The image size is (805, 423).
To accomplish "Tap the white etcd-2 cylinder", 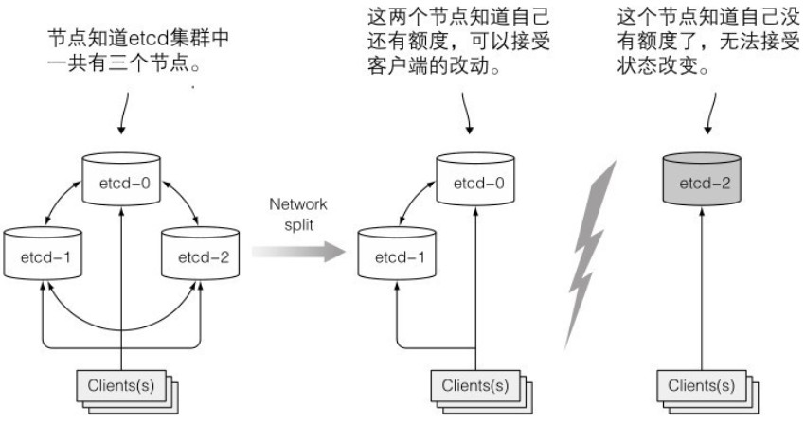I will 200,256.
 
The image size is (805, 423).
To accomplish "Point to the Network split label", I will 296,213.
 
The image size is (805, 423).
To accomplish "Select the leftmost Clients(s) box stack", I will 124,388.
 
